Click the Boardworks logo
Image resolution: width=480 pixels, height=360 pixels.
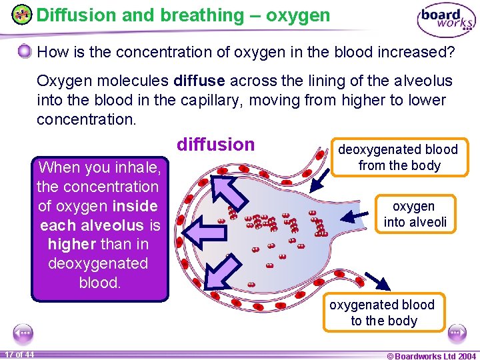coord(446,21)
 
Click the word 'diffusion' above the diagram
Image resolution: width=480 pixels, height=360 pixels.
coord(215,145)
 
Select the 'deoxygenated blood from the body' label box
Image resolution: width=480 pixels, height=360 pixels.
coord(399,157)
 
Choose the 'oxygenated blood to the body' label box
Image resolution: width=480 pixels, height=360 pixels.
coord(382,313)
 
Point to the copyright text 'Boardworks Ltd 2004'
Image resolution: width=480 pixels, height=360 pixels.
coord(431,355)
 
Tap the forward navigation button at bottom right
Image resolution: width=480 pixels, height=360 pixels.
coord(457,333)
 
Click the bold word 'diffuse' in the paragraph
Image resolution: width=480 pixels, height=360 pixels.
coord(198,81)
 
